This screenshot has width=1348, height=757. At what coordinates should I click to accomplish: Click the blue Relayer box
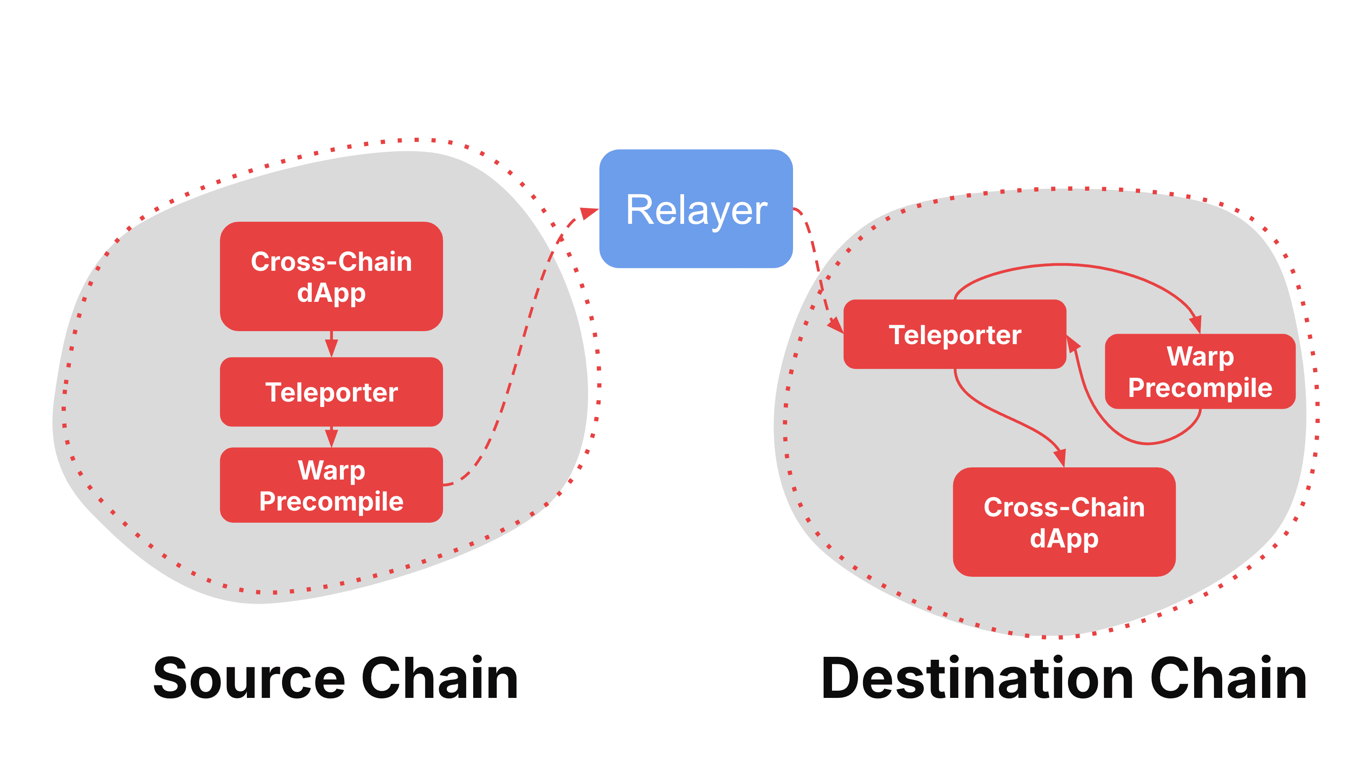pos(695,209)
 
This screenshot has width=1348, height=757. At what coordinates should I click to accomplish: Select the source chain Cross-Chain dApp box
pos(331,276)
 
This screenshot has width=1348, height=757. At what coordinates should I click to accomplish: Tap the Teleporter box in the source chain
pos(331,392)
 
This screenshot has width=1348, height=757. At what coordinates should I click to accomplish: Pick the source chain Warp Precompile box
pos(331,485)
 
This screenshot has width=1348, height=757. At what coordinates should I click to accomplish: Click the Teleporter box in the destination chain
pos(954,334)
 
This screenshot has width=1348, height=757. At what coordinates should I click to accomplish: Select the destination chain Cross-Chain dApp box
pos(1064,522)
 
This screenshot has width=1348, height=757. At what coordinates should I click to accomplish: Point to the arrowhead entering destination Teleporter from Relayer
pos(836,325)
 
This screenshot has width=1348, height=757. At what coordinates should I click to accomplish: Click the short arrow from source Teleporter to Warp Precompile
pos(331,437)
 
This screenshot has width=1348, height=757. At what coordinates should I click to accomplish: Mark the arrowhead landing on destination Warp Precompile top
pos(1196,324)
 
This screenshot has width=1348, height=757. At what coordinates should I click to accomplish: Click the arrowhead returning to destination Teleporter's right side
pos(1072,344)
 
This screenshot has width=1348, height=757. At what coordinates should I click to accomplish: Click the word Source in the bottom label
pos(249,679)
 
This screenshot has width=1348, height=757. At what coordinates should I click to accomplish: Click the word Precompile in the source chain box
pos(331,501)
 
